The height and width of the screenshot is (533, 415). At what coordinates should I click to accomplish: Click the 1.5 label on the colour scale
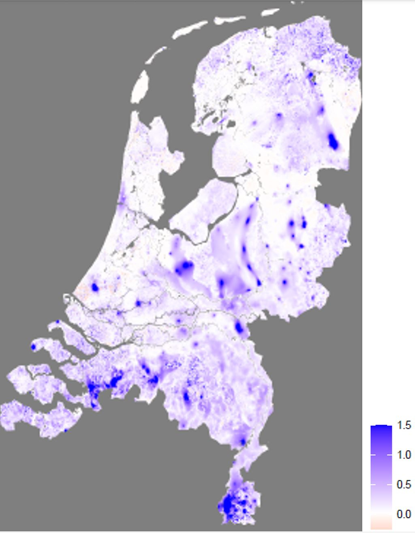coord(404,425)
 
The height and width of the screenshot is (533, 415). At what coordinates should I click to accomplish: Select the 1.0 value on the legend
coord(404,455)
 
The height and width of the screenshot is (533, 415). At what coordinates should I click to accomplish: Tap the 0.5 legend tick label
coord(404,484)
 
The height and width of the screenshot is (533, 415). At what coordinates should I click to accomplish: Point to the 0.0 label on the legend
coord(404,514)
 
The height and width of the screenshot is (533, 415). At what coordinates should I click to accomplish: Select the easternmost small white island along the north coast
coord(270,12)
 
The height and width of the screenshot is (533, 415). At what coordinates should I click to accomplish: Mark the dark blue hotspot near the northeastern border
coord(333,141)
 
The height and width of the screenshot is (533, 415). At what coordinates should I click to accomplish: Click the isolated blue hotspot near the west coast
coord(95,287)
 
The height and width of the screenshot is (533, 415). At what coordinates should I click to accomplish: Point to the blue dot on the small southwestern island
coord(33,347)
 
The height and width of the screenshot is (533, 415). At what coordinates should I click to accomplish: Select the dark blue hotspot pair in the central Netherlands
coord(184,266)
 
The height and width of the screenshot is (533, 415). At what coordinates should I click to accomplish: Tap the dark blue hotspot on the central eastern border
coord(240,327)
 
